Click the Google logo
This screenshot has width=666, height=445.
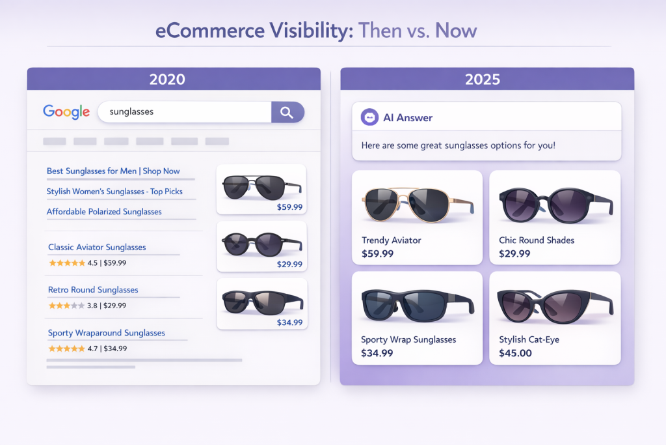click(66, 111)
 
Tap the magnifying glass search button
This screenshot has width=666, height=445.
click(287, 112)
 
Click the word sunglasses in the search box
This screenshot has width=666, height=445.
click(131, 111)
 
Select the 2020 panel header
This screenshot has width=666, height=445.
click(174, 79)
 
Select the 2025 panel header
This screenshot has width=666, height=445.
click(486, 79)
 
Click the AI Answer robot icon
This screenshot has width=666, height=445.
click(369, 117)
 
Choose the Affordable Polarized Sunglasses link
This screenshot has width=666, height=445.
click(104, 212)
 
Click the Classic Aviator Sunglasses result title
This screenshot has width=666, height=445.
click(97, 248)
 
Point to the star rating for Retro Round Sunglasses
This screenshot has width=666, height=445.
click(66, 305)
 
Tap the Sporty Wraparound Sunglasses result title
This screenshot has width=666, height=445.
click(107, 333)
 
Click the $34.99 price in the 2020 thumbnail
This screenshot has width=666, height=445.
click(289, 322)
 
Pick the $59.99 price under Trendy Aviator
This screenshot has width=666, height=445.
click(377, 253)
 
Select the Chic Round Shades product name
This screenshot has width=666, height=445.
click(537, 240)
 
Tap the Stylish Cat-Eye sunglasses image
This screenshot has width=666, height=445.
click(554, 305)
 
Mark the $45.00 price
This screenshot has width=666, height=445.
click(515, 353)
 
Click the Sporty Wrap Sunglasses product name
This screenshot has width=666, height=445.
click(408, 339)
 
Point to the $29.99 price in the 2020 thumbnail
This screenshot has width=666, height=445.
click(289, 265)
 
